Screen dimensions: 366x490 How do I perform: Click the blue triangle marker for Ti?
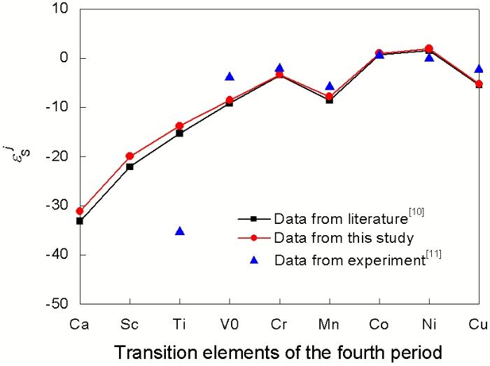(180, 231)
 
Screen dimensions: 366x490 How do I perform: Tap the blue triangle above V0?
(230, 76)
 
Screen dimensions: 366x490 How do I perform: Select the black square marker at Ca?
(80, 221)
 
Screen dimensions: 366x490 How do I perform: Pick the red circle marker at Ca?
(80, 211)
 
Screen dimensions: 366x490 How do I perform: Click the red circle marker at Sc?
(129, 156)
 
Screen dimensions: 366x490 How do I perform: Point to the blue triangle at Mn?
(329, 86)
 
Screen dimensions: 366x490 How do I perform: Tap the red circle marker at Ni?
(429, 48)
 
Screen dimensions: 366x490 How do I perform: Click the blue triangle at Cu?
(479, 69)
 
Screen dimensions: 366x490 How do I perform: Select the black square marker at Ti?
(180, 133)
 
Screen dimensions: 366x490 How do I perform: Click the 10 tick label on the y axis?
(66, 9)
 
